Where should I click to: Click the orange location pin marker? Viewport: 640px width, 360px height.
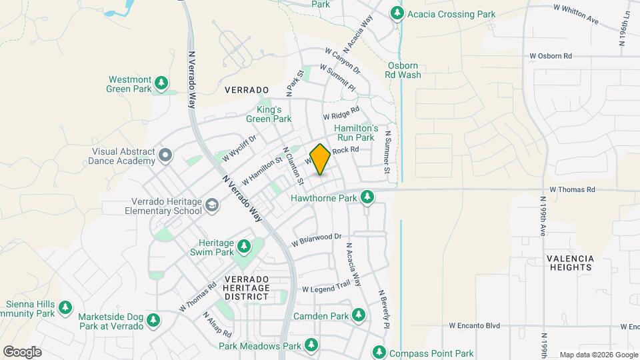click(320, 159)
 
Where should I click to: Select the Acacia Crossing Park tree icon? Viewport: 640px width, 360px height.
click(397, 13)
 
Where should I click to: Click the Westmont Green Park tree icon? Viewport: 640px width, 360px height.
click(161, 83)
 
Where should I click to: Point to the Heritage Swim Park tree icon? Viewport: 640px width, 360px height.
click(245, 247)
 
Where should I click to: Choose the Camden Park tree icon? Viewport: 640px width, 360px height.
click(359, 314)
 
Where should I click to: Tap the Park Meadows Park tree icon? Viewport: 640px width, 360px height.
click(311, 345)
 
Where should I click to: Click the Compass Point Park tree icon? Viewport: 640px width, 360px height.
click(379, 351)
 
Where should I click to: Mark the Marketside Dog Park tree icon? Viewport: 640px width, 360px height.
click(153, 321)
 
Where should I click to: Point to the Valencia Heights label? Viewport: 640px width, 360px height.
click(569, 263)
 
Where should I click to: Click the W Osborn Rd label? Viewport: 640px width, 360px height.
click(550, 56)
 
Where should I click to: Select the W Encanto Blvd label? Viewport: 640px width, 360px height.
click(474, 326)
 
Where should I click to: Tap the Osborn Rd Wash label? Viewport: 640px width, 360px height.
click(403, 70)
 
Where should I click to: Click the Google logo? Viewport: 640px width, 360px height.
click(22, 351)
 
